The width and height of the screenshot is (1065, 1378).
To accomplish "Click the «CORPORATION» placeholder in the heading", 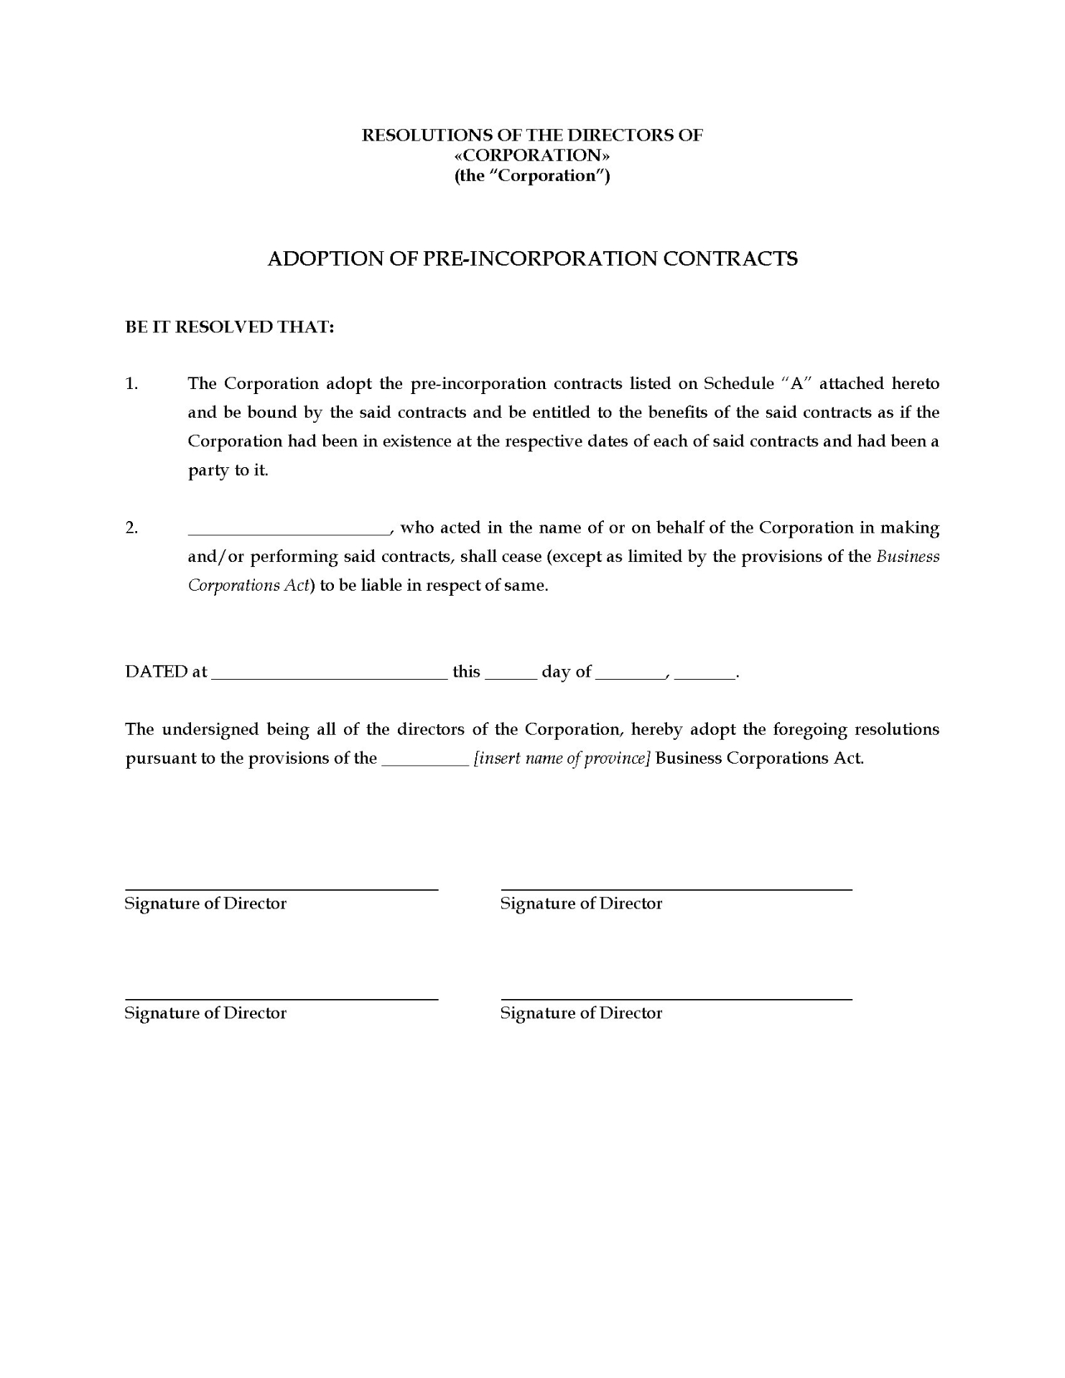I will click(532, 155).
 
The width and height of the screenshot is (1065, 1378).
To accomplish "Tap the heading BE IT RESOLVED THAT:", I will click(230, 327).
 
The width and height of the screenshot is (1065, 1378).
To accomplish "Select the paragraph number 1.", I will click(131, 383).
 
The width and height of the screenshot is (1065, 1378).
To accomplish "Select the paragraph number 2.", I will click(131, 528).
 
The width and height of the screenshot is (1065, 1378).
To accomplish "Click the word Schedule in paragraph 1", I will click(735, 383).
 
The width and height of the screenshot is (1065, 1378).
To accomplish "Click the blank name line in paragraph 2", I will click(288, 532).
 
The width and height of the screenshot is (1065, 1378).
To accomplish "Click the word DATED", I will click(156, 672).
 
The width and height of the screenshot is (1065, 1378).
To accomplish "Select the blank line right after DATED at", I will click(330, 675).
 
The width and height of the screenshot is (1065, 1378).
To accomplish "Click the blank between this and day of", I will click(511, 675).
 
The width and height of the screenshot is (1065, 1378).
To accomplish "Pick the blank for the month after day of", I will click(628, 675).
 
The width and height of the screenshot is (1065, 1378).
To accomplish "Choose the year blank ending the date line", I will click(705, 675).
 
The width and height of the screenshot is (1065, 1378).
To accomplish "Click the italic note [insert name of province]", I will click(562, 759).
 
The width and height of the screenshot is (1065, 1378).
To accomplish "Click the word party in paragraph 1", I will click(208, 472).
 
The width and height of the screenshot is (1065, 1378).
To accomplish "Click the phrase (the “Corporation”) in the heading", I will click(532, 176).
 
